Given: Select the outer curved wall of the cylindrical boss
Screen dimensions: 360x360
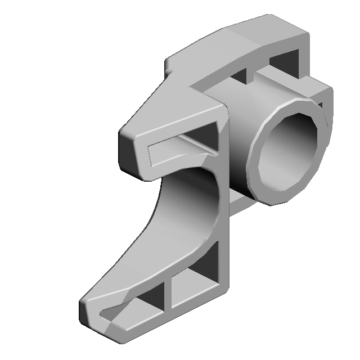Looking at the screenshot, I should [x=236, y=141].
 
